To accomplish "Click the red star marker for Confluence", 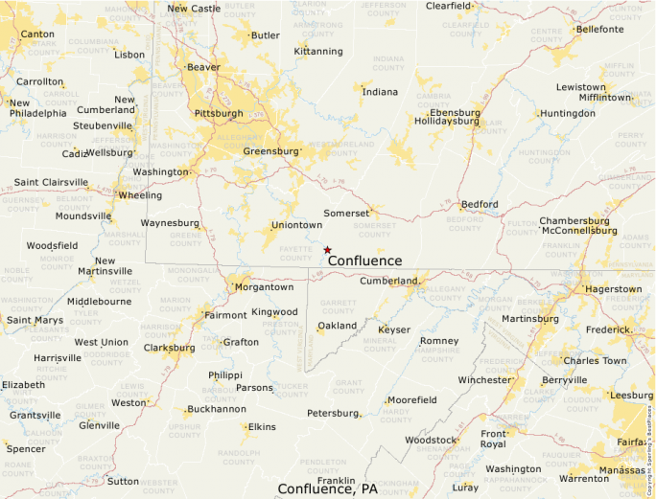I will pos(327,250).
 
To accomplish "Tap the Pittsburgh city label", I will pos(219,113).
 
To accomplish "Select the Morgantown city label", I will pos(264,286).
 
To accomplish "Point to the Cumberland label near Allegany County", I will pos(388,281).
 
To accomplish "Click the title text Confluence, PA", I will pos(327,488).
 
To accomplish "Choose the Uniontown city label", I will pos(296,225).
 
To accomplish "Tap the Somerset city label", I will pos(345,212).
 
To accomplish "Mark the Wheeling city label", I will pos(140,195).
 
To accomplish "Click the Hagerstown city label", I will pos(613,288).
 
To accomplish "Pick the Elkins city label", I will pos(261,426).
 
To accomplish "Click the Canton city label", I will pos(37,34).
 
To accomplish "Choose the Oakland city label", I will pos(338,326).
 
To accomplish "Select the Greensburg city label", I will pos(271,151).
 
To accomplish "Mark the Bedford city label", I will pos(480,204).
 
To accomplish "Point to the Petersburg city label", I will pos(332,413).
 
